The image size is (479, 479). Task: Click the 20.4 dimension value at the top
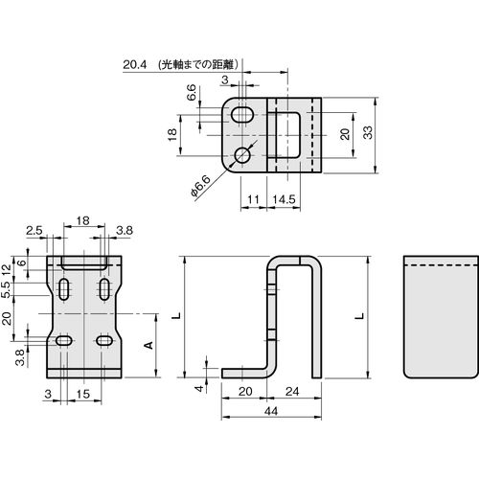(135, 65)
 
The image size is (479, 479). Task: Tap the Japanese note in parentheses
(198, 65)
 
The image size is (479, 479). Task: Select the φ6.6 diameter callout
(201, 186)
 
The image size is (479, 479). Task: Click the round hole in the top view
(242, 155)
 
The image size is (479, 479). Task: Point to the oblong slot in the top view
(242, 115)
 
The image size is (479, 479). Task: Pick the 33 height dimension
(368, 132)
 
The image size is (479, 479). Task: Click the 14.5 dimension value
(284, 199)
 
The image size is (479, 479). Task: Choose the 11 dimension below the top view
(253, 199)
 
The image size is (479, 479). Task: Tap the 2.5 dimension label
(34, 230)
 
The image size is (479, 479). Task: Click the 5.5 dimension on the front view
(7, 290)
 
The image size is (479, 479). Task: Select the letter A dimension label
(148, 345)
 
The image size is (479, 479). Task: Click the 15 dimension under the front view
(82, 394)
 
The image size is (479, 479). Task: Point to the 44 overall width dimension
(271, 411)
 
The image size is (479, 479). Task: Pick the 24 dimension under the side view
(292, 391)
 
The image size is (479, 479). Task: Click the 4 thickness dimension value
(199, 388)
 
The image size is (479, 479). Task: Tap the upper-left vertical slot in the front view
(64, 289)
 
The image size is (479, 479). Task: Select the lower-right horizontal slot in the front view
(104, 340)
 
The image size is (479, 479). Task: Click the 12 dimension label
(7, 270)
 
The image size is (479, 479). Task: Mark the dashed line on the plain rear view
(442, 265)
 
